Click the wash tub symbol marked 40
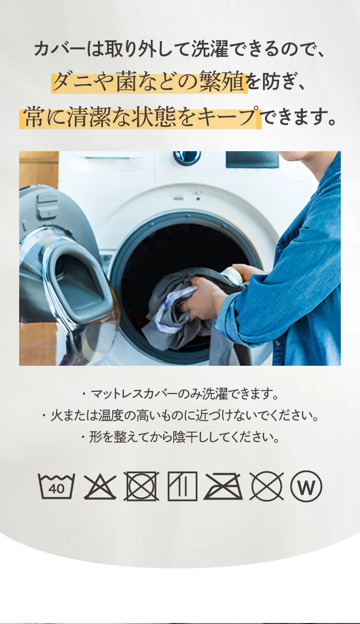coord(56,486)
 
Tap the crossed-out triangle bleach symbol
coord(100,487)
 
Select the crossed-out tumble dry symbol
coord(142,486)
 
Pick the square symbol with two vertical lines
coord(182,486)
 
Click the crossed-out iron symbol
coord(223,486)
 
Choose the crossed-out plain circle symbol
coord(266,487)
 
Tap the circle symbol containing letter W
coord(306,487)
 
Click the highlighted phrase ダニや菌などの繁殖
coord(149,83)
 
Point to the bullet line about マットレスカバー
coord(180,394)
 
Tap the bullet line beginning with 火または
coord(180,416)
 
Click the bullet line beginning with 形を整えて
coord(180,437)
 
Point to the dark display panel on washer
coord(252,159)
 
